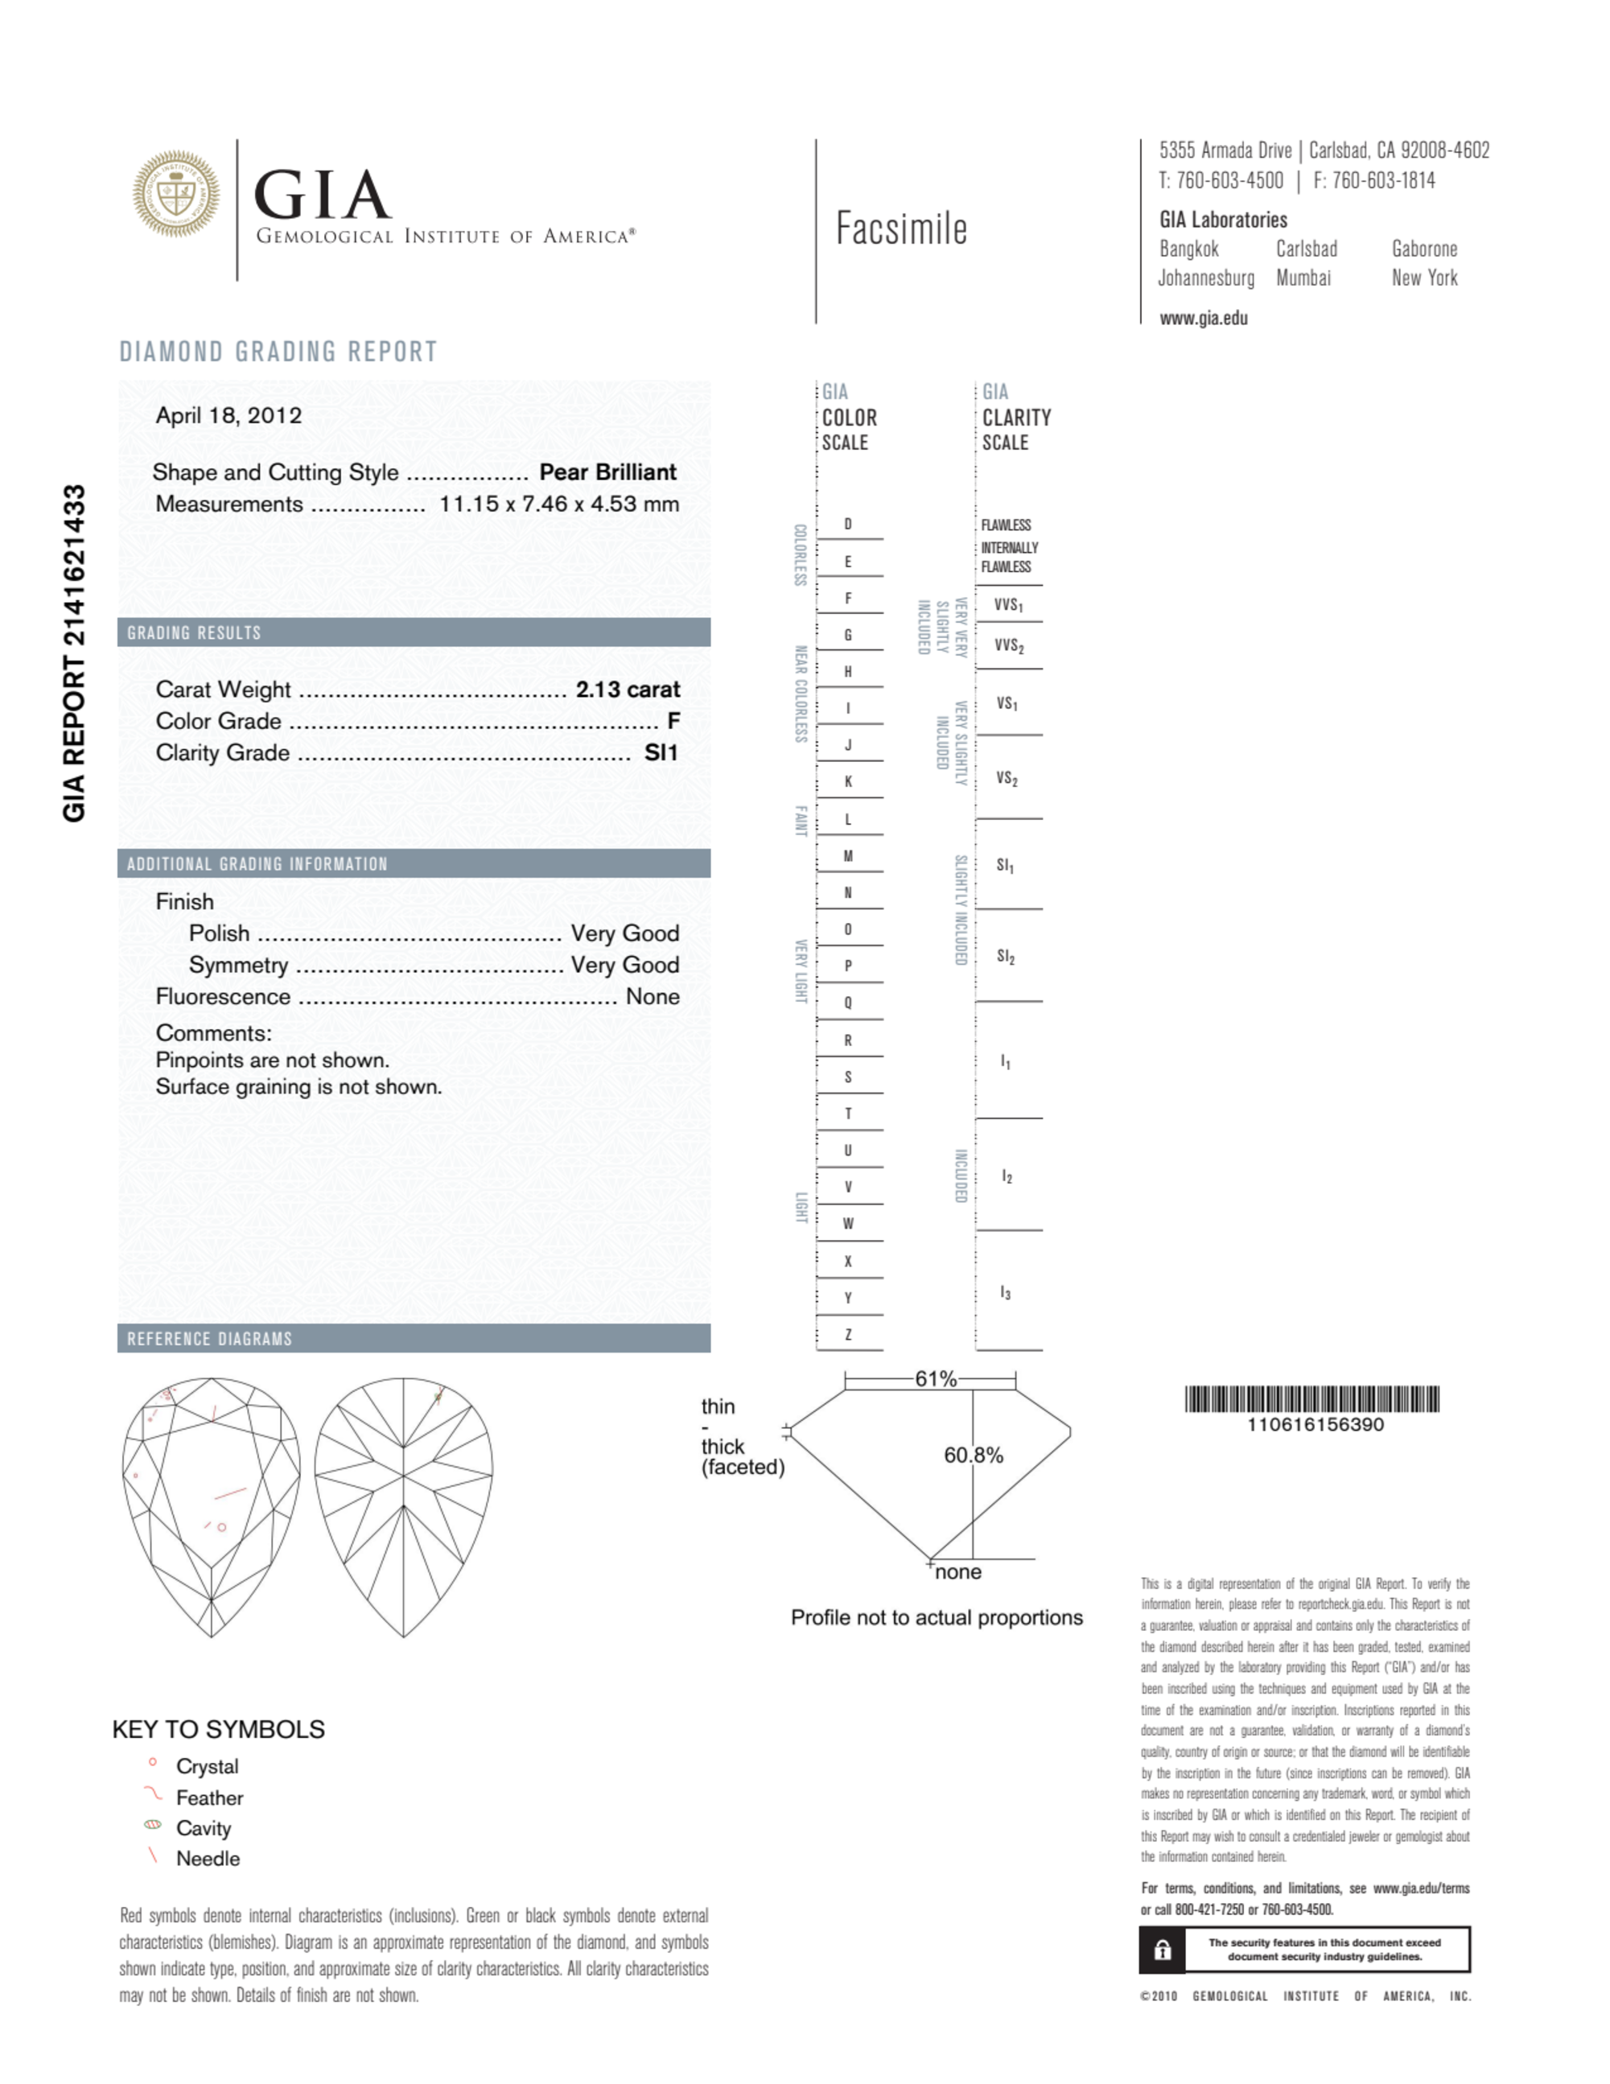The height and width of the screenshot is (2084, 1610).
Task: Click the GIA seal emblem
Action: click(175, 193)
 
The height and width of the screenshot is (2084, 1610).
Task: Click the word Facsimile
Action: click(901, 229)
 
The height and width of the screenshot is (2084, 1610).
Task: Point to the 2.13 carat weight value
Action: click(627, 689)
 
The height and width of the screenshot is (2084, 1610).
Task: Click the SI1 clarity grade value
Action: click(661, 753)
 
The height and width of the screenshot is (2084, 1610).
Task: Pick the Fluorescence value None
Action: click(653, 996)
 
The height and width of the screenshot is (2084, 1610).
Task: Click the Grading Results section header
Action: click(194, 632)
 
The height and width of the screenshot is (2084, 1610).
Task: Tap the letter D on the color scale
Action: click(847, 524)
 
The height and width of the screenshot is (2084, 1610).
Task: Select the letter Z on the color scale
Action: click(847, 1335)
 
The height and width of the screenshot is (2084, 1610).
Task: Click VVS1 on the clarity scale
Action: click(1008, 605)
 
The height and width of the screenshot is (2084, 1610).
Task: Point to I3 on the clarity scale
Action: click(1005, 1293)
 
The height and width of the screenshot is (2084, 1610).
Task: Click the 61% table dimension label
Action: click(935, 1379)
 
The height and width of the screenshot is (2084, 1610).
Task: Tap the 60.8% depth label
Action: click(974, 1455)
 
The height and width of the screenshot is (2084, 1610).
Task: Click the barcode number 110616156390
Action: click(1314, 1425)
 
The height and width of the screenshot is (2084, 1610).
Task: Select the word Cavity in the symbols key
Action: click(204, 1828)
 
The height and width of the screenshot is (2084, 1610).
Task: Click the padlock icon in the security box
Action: click(1163, 1950)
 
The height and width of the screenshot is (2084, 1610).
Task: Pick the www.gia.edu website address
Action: click(1204, 319)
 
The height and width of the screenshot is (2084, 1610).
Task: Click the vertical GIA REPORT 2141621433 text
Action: click(75, 653)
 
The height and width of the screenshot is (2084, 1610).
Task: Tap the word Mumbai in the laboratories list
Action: click(1303, 278)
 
